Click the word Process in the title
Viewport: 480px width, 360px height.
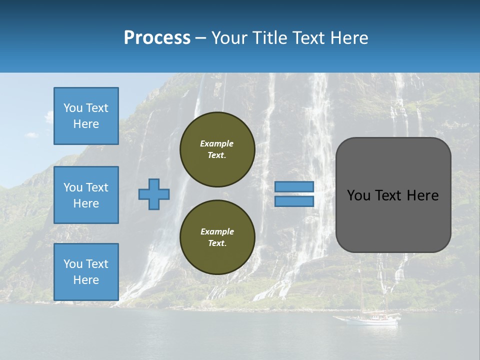click(157, 38)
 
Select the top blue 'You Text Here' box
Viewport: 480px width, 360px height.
click(86, 116)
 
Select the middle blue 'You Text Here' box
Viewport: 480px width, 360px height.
click(86, 195)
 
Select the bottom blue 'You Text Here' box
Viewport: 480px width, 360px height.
click(86, 272)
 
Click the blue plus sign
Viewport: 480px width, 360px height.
click(154, 194)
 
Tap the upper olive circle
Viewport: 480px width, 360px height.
click(217, 149)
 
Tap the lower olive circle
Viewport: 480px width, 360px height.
click(217, 237)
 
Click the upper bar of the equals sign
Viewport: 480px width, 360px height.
click(294, 187)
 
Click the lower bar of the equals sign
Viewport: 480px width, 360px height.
click(294, 201)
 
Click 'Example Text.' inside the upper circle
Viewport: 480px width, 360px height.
click(217, 149)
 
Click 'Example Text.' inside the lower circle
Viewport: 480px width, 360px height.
click(217, 237)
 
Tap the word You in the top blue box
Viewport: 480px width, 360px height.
click(73, 108)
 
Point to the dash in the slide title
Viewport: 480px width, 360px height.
click(200, 38)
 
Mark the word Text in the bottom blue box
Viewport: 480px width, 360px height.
click(98, 264)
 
